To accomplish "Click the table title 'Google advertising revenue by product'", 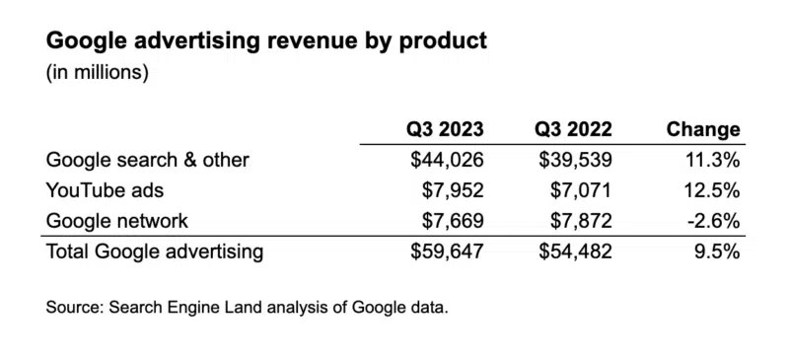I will coord(266,42).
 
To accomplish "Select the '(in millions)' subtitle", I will coord(97,74).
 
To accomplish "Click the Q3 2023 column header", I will coord(446,129).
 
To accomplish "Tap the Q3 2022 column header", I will coord(573,129).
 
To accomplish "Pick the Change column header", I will coord(703,129).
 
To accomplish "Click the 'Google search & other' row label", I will coord(148,160).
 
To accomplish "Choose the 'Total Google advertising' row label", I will coord(155,252).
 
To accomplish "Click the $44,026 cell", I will coord(449,160).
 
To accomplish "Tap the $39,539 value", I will coord(576,160).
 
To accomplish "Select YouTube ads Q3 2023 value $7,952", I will coord(455,190).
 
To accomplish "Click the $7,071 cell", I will coord(582,190).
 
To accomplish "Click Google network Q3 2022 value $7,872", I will coord(582,220).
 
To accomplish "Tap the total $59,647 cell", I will coord(449,252).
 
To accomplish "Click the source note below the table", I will coord(247,308).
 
